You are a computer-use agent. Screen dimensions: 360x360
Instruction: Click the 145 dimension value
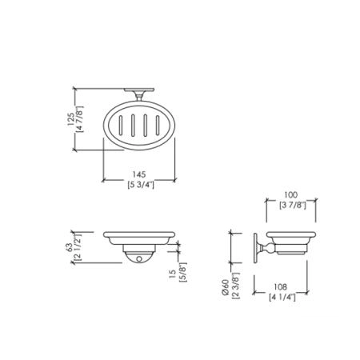pyautogui.click(x=139, y=174)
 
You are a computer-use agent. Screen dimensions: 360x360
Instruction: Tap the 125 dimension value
pyautogui.click(x=70, y=119)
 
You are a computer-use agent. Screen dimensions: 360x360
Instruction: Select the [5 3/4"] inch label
pyautogui.click(x=141, y=185)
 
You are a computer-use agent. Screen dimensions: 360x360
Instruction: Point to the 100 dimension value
pyautogui.click(x=291, y=195)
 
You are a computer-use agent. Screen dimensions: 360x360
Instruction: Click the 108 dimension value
pyautogui.click(x=281, y=287)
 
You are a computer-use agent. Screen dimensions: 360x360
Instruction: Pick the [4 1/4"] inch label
pyautogui.click(x=282, y=297)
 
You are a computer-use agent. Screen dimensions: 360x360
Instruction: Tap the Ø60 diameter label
pyautogui.click(x=226, y=287)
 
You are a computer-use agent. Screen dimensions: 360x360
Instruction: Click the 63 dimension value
pyautogui.click(x=70, y=247)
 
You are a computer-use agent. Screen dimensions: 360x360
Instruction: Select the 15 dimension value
pyautogui.click(x=173, y=274)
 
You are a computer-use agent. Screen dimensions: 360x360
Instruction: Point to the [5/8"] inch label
pyautogui.click(x=183, y=272)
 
